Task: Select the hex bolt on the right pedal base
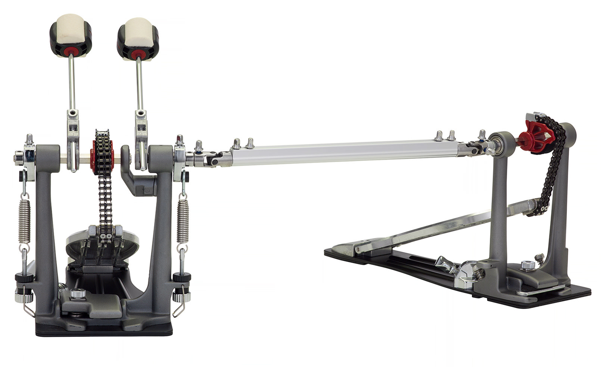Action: pos(527,265)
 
